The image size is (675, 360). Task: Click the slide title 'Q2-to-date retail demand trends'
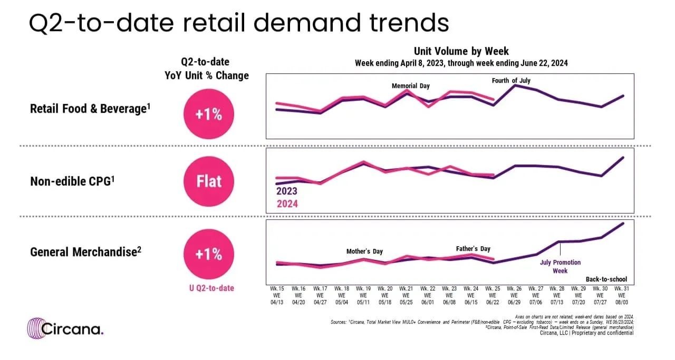tap(238, 24)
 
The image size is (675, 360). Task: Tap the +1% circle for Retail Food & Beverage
tap(209, 114)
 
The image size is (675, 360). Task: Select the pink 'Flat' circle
tap(209, 182)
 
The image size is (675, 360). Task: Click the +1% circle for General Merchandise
tap(209, 254)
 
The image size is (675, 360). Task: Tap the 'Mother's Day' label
tap(364, 251)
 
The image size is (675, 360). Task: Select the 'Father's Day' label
tap(473, 248)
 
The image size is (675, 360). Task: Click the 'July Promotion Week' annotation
tap(560, 266)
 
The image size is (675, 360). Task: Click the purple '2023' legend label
tap(287, 192)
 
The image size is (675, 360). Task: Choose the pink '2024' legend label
tap(287, 203)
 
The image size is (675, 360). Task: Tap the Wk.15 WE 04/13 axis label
tap(277, 296)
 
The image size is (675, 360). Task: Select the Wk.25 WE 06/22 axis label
tap(494, 296)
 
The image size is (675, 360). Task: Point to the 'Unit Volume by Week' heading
tap(461, 51)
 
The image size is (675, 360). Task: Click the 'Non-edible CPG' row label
tap(72, 181)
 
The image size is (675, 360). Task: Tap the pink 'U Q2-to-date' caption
tap(209, 288)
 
